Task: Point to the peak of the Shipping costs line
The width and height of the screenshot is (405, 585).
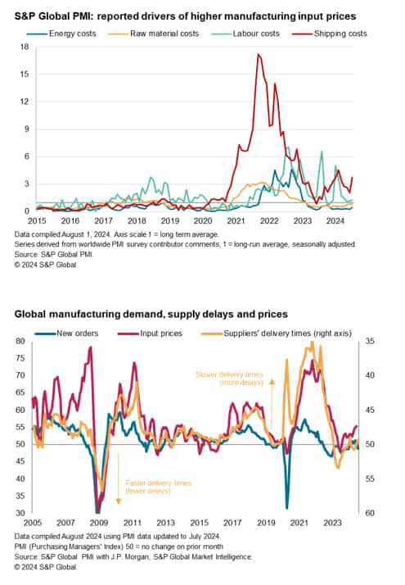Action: (x=259, y=55)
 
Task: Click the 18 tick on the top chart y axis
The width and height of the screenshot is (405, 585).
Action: (x=25, y=48)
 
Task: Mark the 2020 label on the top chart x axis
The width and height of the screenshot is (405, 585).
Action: (x=202, y=221)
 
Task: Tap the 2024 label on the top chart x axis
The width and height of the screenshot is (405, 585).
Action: (x=335, y=221)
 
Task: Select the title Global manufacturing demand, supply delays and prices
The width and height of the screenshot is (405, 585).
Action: (x=151, y=315)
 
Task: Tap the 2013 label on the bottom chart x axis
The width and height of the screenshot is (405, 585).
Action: (x=165, y=523)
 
